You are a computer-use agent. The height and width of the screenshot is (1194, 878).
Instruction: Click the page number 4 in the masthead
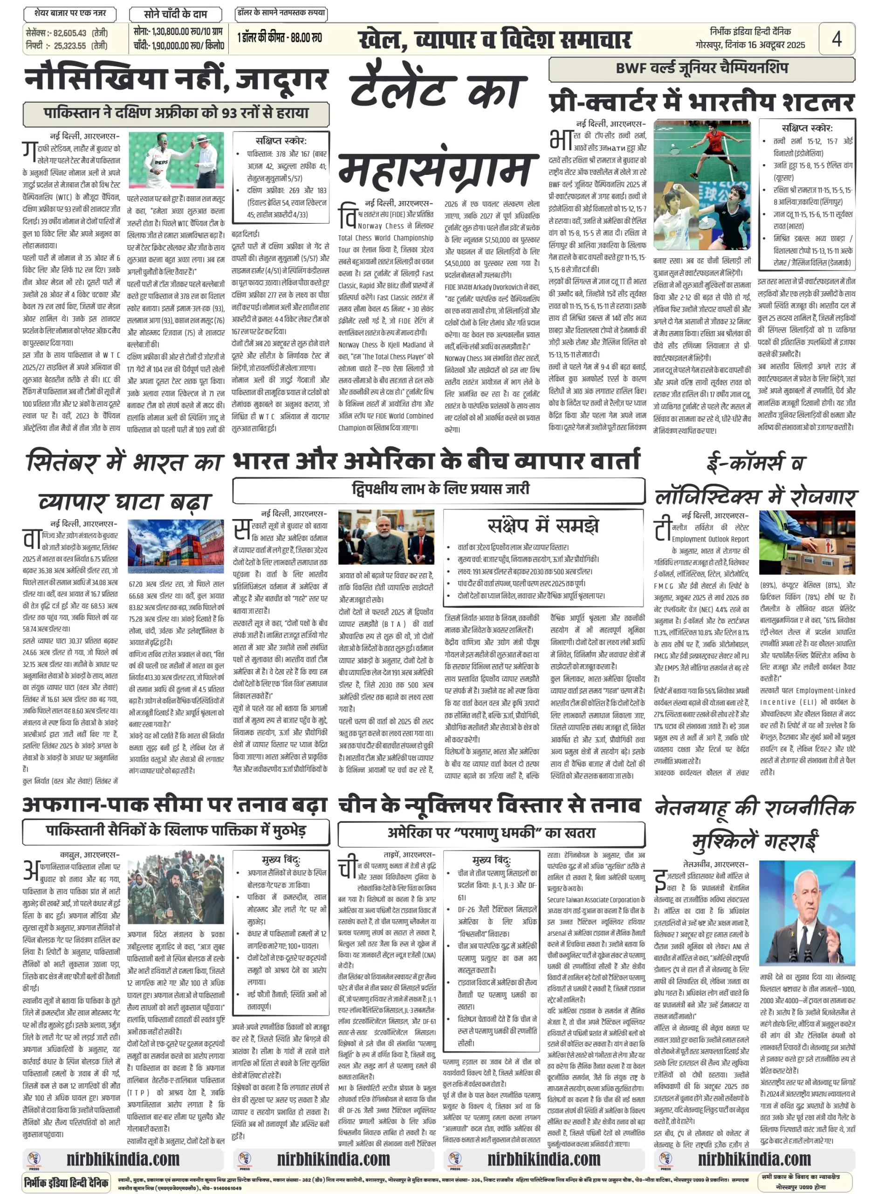(x=836, y=38)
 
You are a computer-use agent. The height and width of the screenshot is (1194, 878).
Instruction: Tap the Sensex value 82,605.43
(x=69, y=33)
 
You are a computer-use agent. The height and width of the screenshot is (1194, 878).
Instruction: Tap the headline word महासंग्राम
(x=435, y=171)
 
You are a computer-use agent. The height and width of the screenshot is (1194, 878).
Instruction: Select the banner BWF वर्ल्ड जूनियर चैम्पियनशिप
(x=701, y=69)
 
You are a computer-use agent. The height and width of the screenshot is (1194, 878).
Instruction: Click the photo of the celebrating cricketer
(x=176, y=160)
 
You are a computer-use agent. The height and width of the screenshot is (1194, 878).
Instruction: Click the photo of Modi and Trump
(x=386, y=537)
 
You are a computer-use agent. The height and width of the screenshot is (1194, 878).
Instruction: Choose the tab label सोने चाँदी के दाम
(x=175, y=14)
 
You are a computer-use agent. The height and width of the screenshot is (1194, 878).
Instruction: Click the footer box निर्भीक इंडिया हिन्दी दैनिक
(x=67, y=1182)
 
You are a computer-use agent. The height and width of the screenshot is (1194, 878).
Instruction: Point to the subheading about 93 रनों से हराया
(x=176, y=113)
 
